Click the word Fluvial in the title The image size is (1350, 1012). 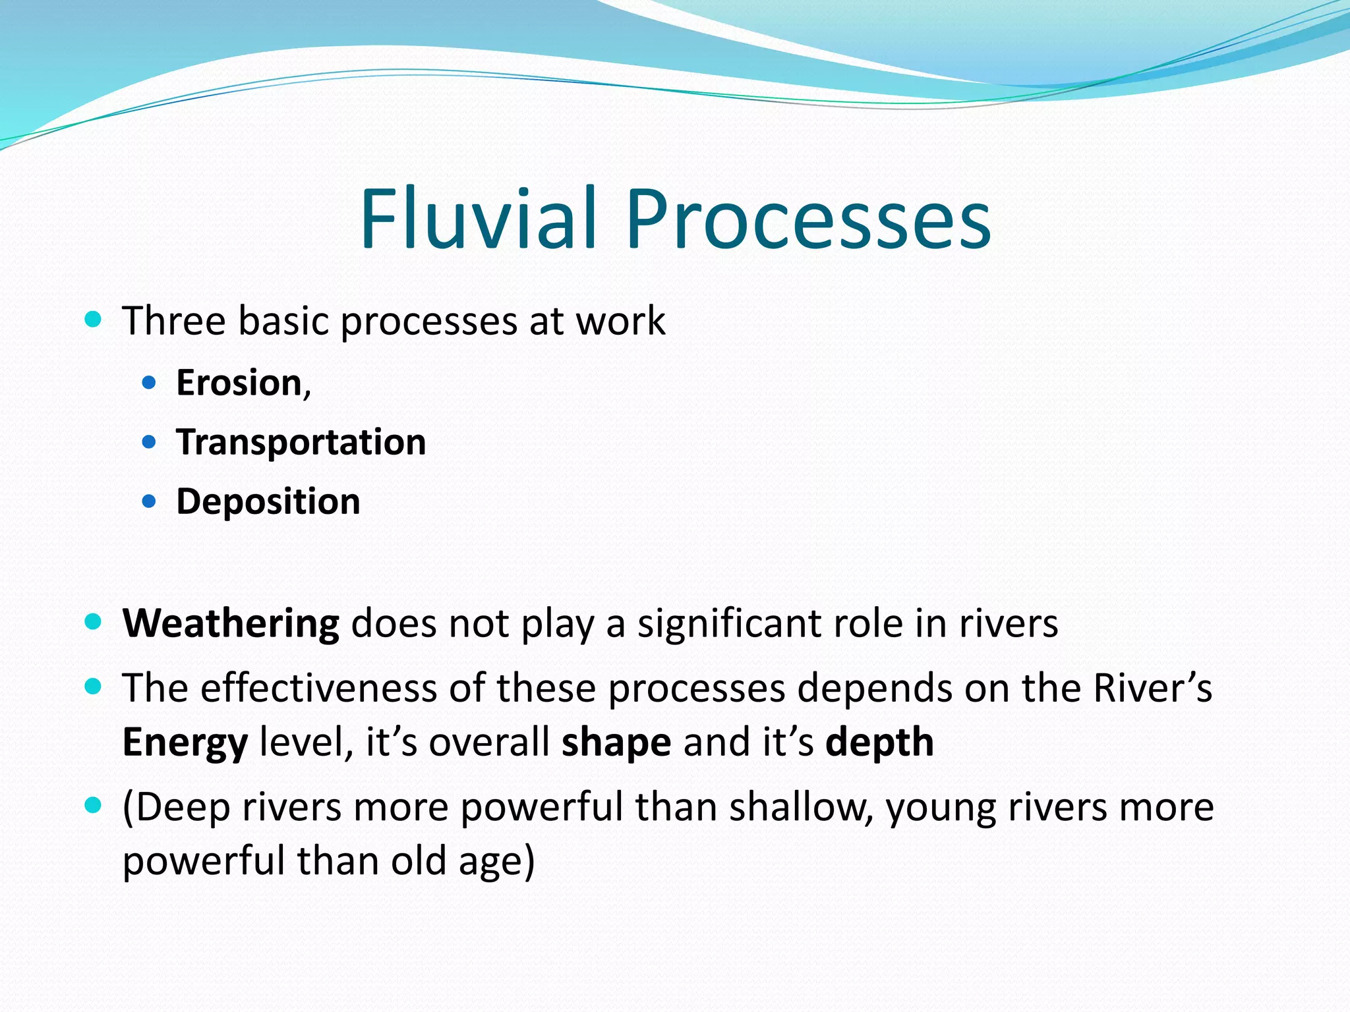(x=478, y=219)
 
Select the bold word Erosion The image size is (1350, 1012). (x=239, y=383)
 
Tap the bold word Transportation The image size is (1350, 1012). (x=301, y=442)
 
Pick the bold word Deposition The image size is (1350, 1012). (x=268, y=502)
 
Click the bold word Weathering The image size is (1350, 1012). (x=231, y=623)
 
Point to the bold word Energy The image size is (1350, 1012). (x=185, y=743)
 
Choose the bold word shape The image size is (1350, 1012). (x=616, y=743)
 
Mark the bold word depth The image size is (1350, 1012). (x=879, y=743)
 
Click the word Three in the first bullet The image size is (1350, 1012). (x=174, y=322)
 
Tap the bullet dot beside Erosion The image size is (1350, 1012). (x=149, y=382)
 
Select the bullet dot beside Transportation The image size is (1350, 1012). (x=149, y=441)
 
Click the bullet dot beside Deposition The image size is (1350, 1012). (x=149, y=502)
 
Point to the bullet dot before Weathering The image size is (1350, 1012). (x=94, y=622)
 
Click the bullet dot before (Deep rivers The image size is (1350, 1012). (x=94, y=805)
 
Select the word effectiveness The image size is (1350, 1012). (x=319, y=689)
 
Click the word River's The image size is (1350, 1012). (x=1152, y=689)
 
